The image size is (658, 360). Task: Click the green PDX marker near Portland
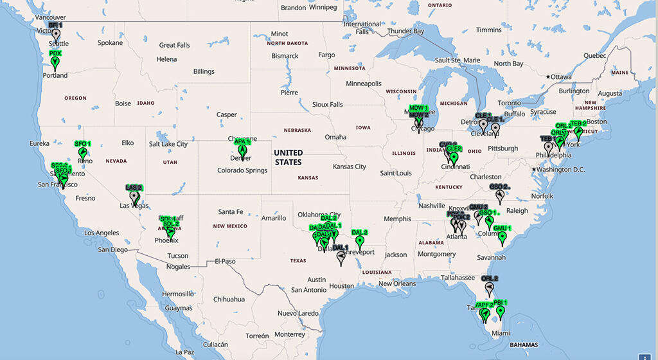[x=55, y=62]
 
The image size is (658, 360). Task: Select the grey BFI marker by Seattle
[x=56, y=35]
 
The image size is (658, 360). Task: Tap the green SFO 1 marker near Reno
[x=82, y=152]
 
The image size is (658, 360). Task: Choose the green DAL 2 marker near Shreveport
[x=359, y=242]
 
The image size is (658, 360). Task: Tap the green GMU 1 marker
[x=502, y=238]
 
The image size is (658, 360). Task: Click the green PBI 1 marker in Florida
[x=501, y=312]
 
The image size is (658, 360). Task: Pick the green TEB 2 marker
[x=578, y=132]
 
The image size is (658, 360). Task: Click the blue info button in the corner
[x=646, y=354]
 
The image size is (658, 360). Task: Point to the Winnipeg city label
[x=323, y=8]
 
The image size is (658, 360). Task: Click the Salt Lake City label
[x=168, y=144]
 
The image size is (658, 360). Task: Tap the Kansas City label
[x=349, y=166]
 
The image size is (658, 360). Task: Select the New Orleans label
[x=397, y=283]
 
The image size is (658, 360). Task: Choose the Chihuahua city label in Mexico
[x=229, y=299]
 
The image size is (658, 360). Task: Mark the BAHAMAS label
[x=523, y=345]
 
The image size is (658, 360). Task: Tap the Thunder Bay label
[x=405, y=31]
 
